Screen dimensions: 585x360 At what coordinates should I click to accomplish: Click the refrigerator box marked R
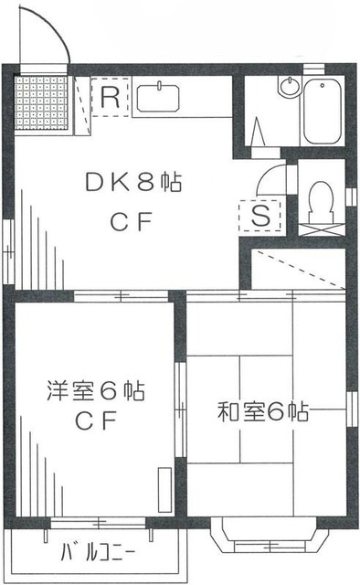click(x=111, y=98)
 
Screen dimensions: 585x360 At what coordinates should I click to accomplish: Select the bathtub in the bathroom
click(x=323, y=110)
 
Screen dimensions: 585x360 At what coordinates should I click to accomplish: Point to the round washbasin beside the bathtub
click(x=289, y=88)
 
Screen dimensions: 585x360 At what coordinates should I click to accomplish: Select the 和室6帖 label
click(x=261, y=412)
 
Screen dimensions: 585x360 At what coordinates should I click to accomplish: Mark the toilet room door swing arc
click(x=272, y=180)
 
